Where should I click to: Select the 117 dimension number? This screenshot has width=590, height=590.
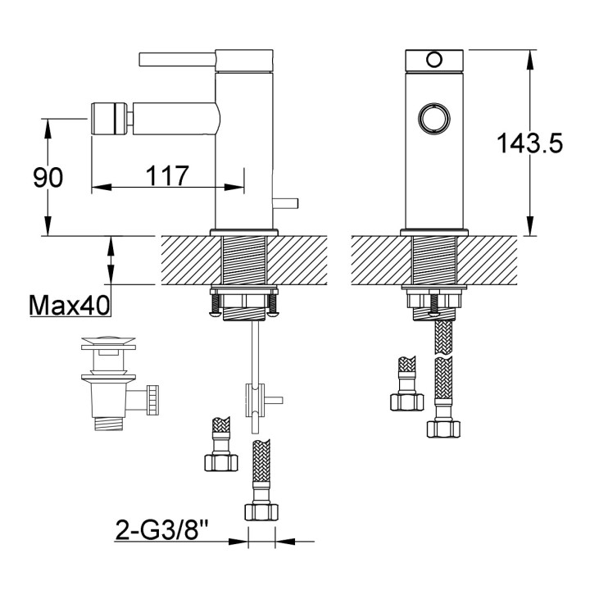click(168, 175)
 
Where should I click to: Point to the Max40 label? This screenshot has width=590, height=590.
click(70, 306)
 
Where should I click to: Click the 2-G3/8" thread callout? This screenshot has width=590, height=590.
click(161, 529)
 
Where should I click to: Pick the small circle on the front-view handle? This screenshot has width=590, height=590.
click(434, 58)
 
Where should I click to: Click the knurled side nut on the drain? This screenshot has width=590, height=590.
click(152, 401)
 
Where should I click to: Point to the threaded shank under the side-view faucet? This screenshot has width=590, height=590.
click(244, 262)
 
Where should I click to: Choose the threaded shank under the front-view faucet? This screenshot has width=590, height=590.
click(434, 262)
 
